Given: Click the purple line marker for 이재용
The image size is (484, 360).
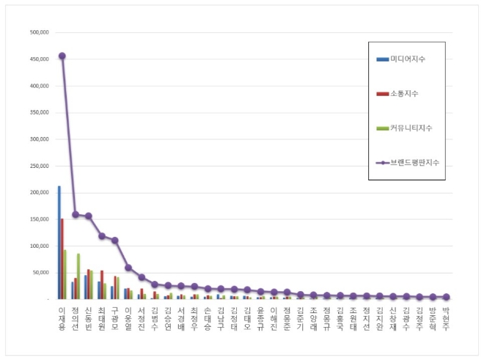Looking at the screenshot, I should coord(62,56).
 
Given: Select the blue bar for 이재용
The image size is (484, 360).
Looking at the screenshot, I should coord(59,242).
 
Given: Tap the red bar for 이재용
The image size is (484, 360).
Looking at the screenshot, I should coord(62,258).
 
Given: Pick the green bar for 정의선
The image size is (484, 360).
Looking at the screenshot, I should coord(78,276).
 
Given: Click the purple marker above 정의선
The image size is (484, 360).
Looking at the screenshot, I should coord(76,214).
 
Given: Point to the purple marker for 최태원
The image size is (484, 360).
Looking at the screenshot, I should coord(102,236).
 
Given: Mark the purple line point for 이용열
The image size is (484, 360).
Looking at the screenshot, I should coord(128,268).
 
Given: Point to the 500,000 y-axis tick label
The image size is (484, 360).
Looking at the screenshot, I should coord(38,32).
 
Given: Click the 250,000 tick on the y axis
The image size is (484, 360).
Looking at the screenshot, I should coord(38,166).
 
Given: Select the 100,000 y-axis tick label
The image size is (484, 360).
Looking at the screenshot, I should coord(38,246).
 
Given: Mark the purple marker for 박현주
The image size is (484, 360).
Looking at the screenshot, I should coord(445,297).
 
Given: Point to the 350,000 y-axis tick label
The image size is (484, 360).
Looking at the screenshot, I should coord(38,112).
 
